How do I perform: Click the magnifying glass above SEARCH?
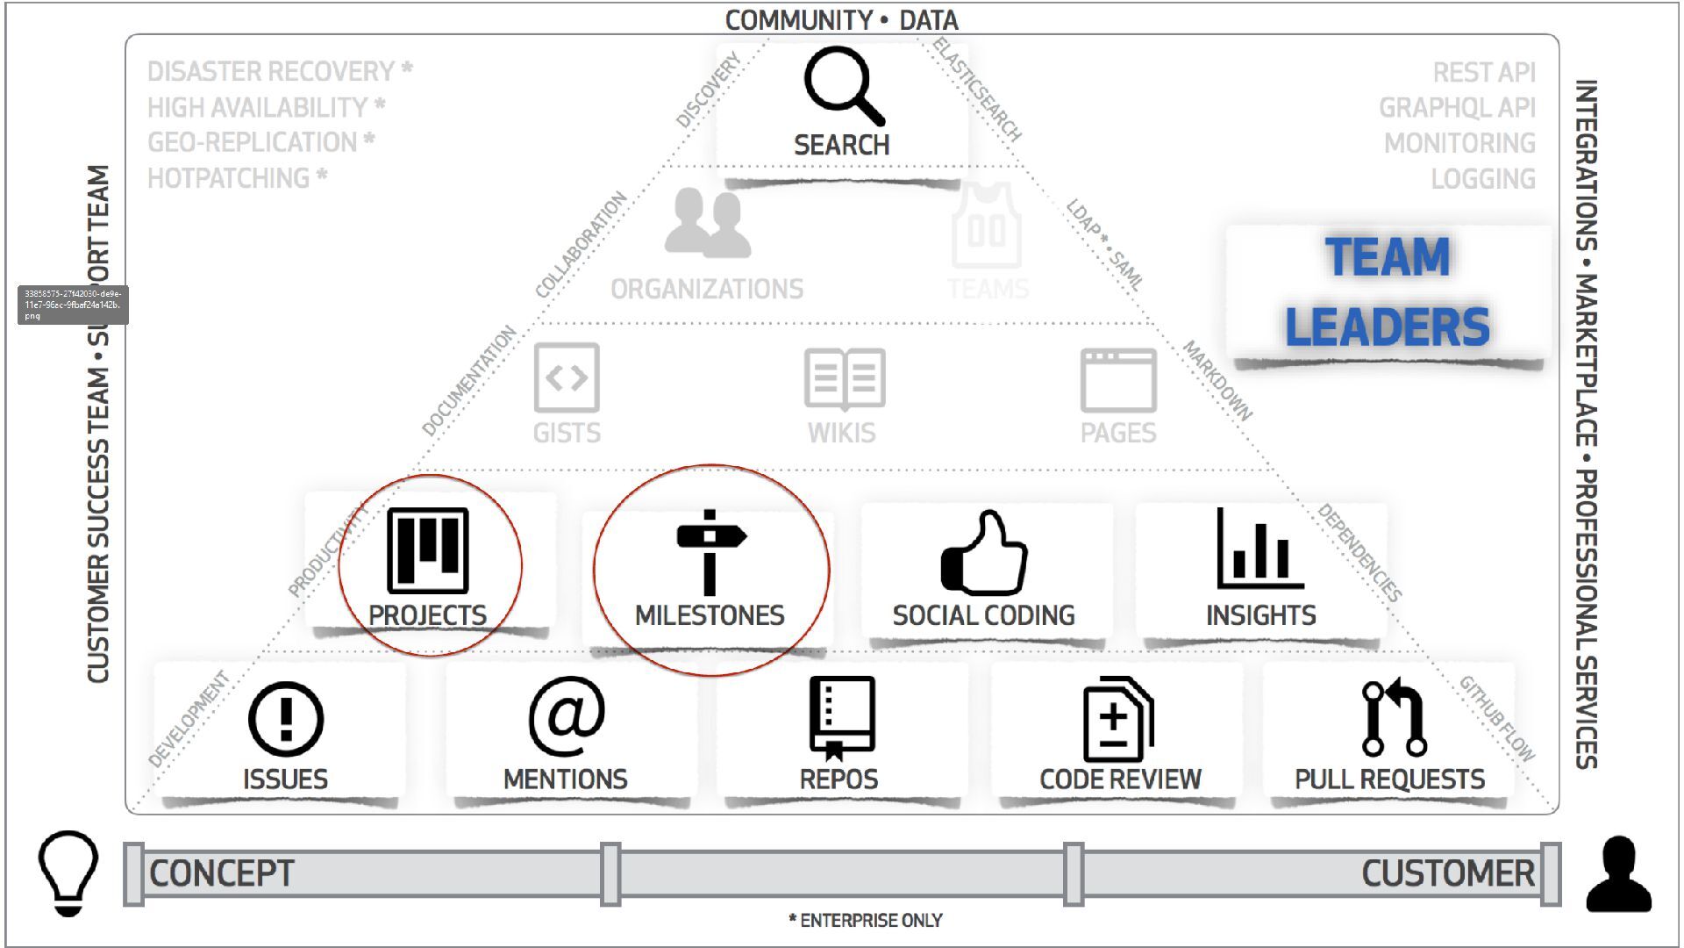click(x=842, y=86)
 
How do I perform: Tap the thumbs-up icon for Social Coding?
click(x=984, y=553)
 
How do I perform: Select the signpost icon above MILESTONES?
click(x=710, y=551)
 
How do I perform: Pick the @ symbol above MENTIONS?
click(x=567, y=715)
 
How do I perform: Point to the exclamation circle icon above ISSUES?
click(x=286, y=719)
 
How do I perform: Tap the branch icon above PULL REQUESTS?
click(x=1394, y=718)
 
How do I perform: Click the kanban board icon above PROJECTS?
click(x=428, y=550)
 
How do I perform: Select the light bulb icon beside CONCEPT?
click(x=68, y=873)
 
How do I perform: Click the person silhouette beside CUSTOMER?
click(x=1619, y=874)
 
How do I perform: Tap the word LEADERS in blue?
click(x=1388, y=327)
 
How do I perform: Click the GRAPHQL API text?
click(x=1457, y=108)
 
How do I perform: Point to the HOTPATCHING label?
click(x=229, y=178)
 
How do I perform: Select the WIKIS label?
click(x=841, y=433)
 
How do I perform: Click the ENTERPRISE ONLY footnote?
click(x=866, y=921)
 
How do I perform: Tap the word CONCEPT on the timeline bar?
click(x=222, y=873)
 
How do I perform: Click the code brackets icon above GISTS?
click(x=567, y=377)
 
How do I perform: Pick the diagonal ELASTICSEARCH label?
click(x=977, y=90)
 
